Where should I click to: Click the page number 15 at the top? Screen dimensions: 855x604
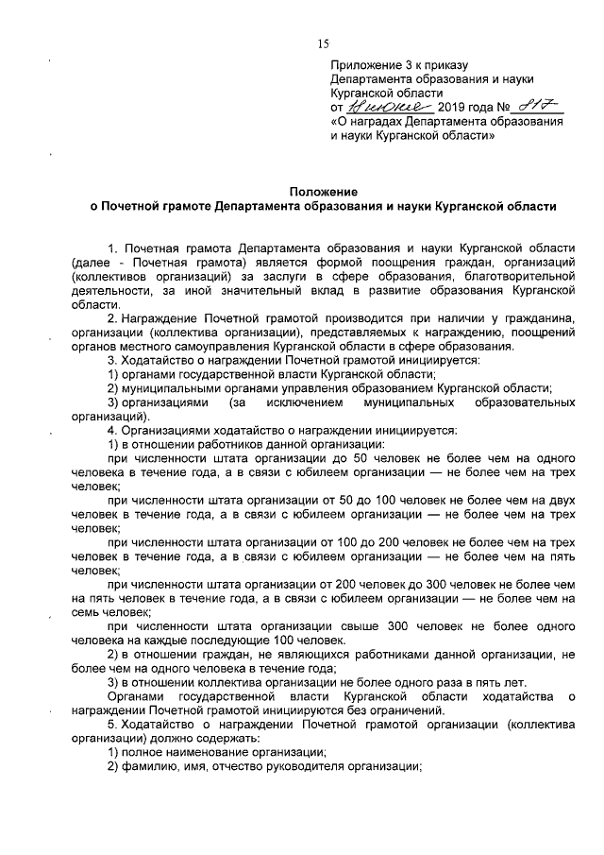323,43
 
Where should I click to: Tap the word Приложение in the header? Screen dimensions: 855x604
363,65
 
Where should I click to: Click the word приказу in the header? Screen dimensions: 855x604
441,65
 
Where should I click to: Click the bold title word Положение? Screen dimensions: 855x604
322,190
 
